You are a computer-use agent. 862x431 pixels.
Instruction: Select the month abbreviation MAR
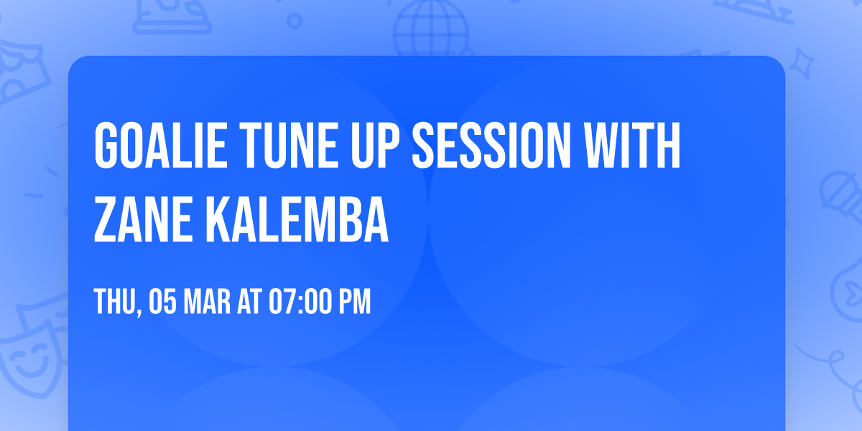tap(209, 302)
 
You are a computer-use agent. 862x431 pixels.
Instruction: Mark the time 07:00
tap(301, 302)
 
